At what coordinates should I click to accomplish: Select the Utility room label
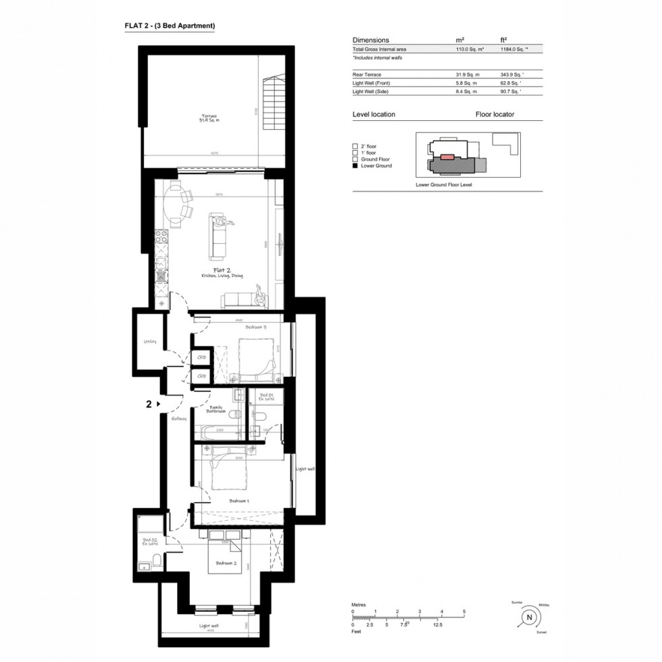coord(149,342)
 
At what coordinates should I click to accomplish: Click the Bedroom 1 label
coord(239,501)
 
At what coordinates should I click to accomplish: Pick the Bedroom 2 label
coord(226,563)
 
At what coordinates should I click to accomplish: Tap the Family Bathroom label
coord(216,409)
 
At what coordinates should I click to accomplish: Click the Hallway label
coord(178,418)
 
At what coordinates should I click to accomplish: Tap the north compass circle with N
coord(530,617)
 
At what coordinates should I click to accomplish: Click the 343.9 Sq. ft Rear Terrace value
coord(511,74)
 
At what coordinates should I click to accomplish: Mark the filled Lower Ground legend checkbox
coord(355,165)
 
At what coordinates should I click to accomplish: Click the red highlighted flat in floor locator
coord(447,156)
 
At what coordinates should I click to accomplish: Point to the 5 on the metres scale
coord(464,612)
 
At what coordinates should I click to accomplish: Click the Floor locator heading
coord(495,114)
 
